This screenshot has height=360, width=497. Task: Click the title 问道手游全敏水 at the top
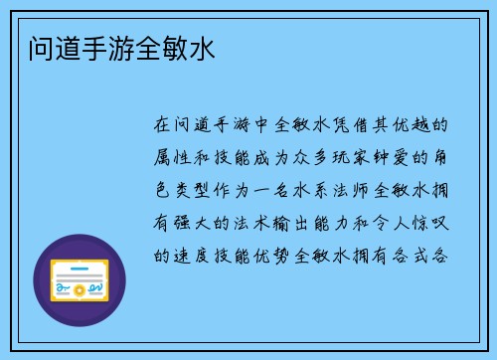pos(118,46)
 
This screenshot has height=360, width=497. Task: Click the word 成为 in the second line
pos(275,157)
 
